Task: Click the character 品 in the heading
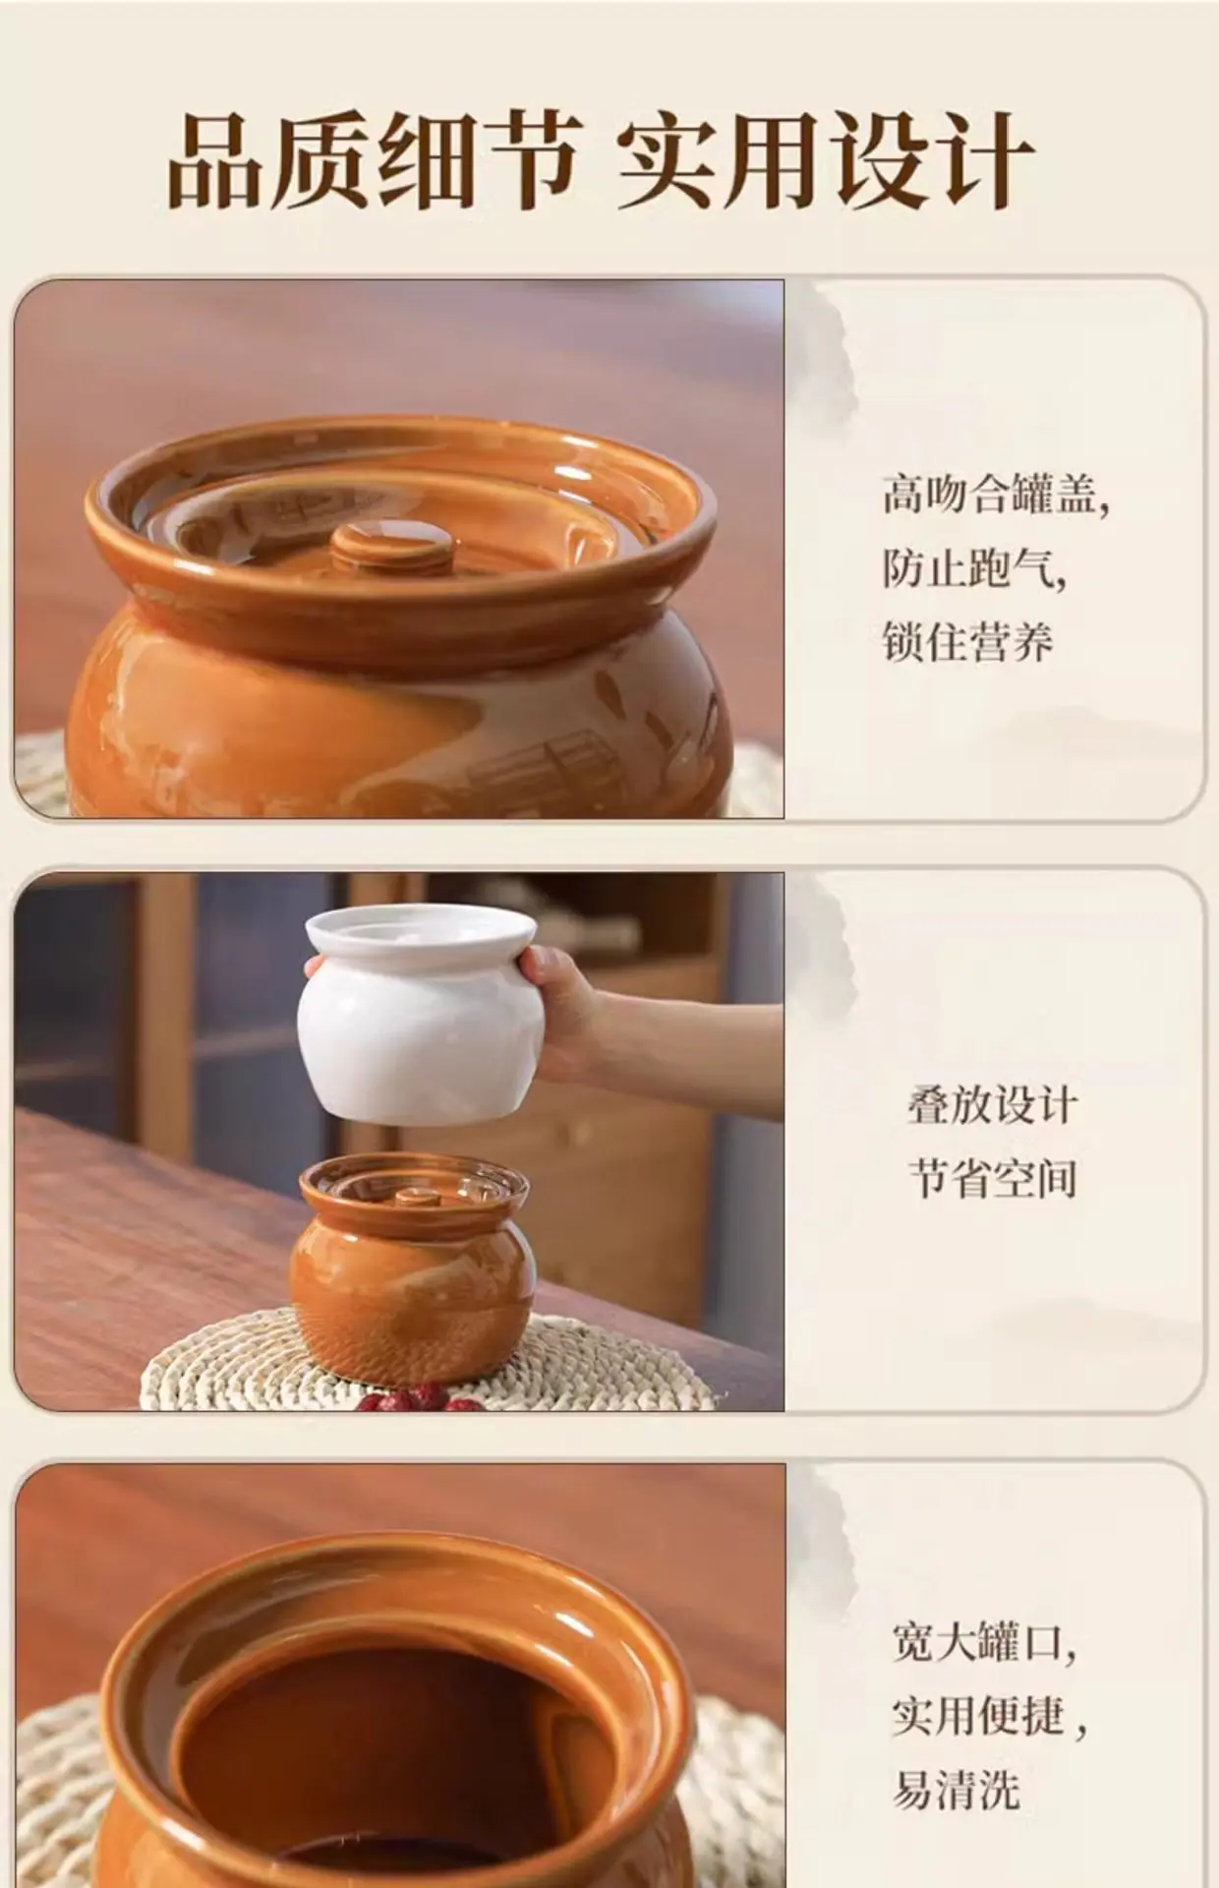[x=219, y=160]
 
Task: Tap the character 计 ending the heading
[x=981, y=160]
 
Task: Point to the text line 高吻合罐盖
[x=995, y=493]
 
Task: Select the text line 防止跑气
[x=973, y=567]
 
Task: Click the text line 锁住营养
[x=967, y=640]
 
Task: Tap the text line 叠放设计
[x=992, y=1105]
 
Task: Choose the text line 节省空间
[x=992, y=1178]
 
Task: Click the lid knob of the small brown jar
[x=417, y=1198]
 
